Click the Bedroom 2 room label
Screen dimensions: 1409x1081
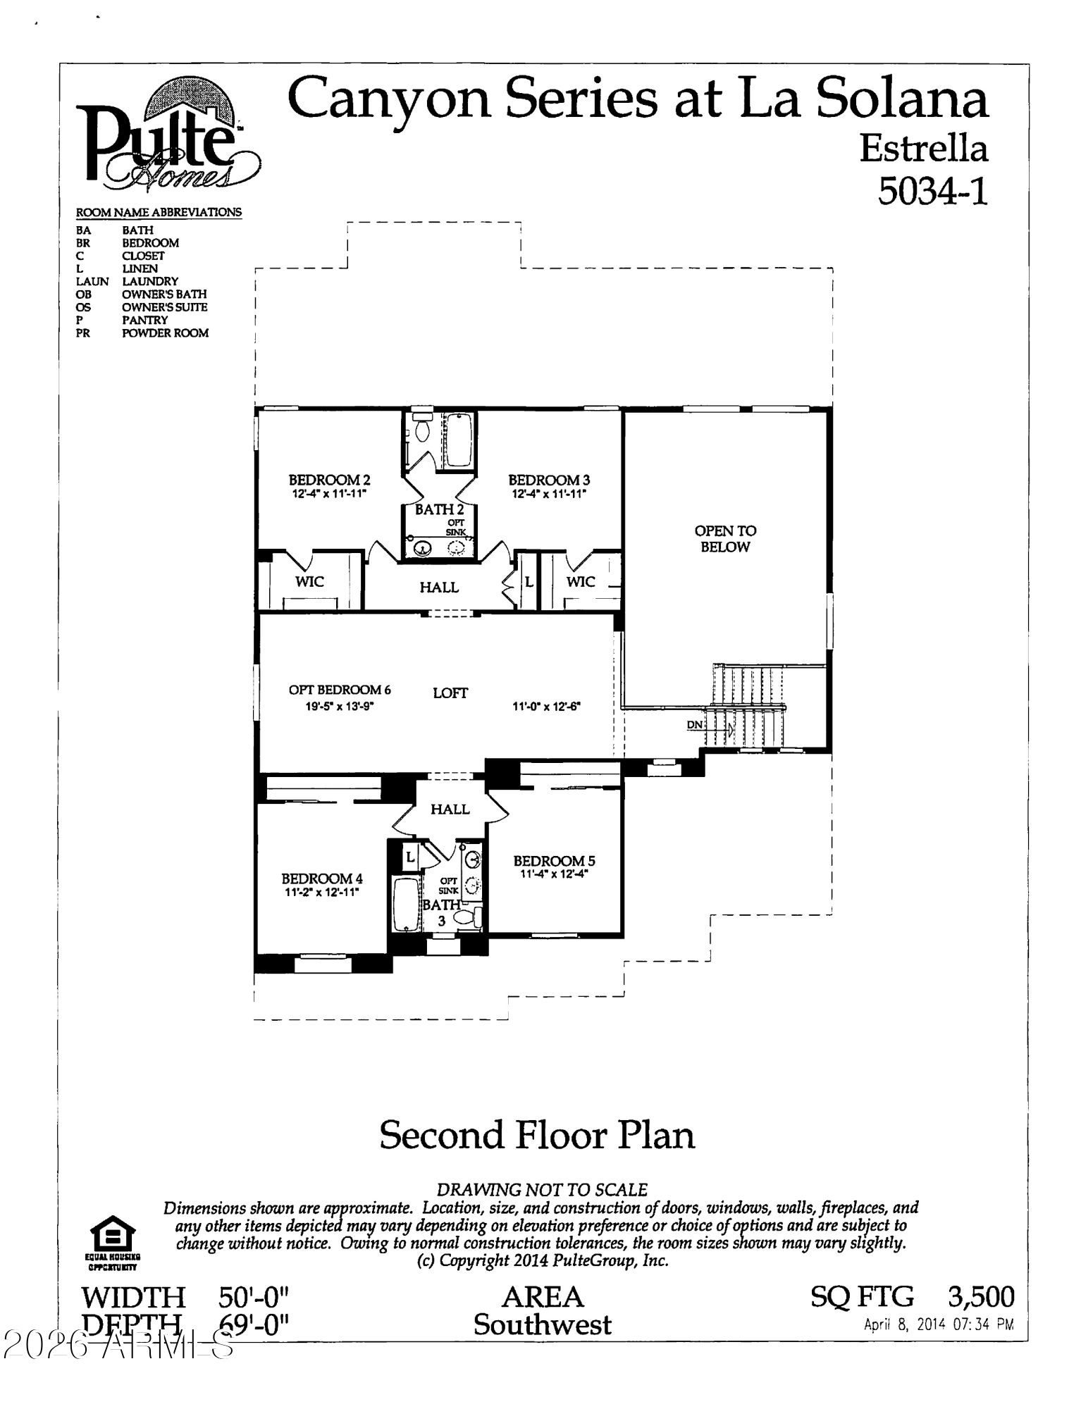coord(329,480)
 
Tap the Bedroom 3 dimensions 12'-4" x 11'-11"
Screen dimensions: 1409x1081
coord(549,494)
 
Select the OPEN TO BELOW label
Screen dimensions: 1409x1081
coord(725,539)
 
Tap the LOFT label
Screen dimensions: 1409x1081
coord(450,693)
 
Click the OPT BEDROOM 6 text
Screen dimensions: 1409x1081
coord(340,690)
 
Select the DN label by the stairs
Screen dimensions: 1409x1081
coord(694,724)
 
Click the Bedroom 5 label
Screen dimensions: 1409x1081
coord(554,861)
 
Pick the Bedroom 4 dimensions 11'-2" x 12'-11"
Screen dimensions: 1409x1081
coord(321,892)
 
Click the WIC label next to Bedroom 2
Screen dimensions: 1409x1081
coord(309,581)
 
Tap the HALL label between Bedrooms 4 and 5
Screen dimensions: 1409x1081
coord(450,809)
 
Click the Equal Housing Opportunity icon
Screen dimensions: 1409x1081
coord(113,1239)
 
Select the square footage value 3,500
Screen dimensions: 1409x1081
coord(981,1297)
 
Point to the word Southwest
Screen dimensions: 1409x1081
coord(542,1325)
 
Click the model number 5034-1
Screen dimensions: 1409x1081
coord(932,190)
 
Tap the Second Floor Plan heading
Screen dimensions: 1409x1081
coord(537,1135)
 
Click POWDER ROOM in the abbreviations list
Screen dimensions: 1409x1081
coord(165,333)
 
